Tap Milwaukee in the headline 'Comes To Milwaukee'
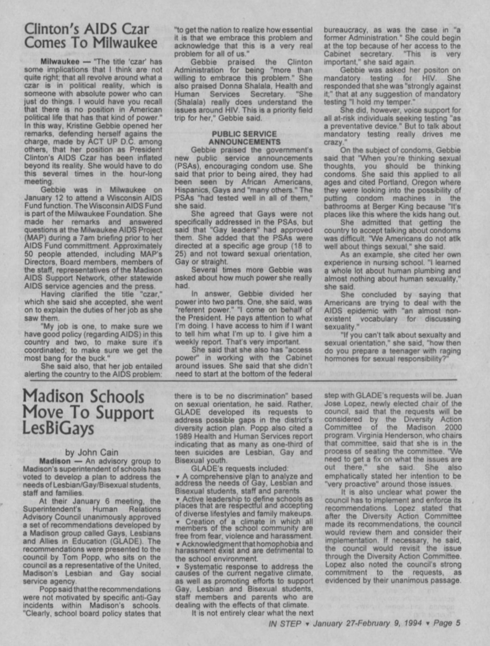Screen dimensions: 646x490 point(124,43)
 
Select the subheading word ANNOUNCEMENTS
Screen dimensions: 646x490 point(244,141)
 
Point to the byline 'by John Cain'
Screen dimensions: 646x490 point(91,452)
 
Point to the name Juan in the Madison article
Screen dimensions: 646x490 point(454,396)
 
